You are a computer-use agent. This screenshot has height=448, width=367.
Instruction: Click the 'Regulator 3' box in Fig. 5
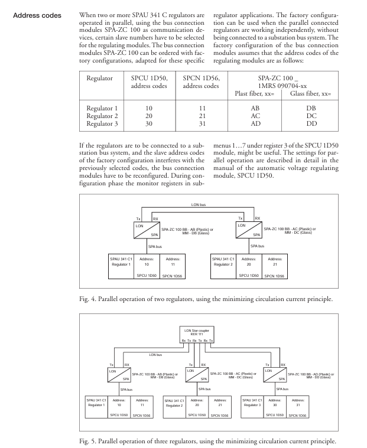pos(254,404)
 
